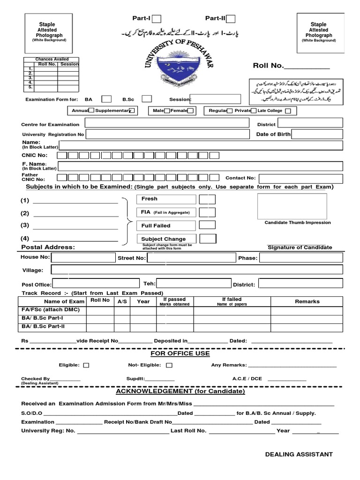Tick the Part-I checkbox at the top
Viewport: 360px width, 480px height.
tap(157, 19)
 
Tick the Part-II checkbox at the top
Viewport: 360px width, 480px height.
tap(231, 19)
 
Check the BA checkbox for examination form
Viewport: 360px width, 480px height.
tap(106, 99)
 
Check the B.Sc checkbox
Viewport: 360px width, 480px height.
tap(147, 99)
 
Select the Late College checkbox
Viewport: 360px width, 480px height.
tap(288, 111)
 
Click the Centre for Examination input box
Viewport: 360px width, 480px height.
tap(167, 123)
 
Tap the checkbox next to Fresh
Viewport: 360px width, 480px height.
tap(207, 199)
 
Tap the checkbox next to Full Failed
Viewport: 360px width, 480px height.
tap(207, 225)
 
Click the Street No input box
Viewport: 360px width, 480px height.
tap(191, 258)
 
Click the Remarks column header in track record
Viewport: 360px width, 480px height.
tap(307, 302)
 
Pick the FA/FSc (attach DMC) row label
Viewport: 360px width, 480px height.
tap(51, 310)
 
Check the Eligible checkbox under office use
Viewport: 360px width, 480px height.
tap(86, 365)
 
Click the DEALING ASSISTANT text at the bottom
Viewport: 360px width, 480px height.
tap(299, 454)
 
